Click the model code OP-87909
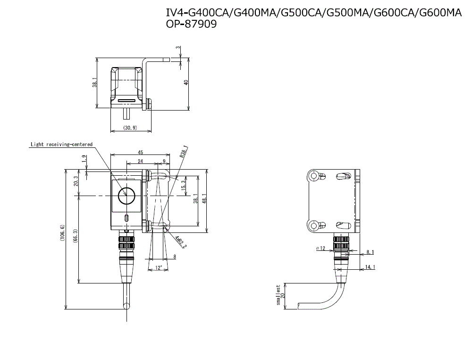click(191, 25)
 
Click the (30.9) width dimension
click(130, 128)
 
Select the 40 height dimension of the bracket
click(186, 82)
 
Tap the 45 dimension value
click(140, 153)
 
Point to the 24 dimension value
click(140, 161)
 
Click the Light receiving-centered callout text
click(61, 144)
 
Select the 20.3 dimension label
click(76, 182)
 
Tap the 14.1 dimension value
click(371, 267)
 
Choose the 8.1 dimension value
click(370, 252)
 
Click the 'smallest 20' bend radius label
click(280, 295)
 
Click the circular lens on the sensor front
click(126, 193)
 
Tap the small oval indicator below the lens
click(126, 218)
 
